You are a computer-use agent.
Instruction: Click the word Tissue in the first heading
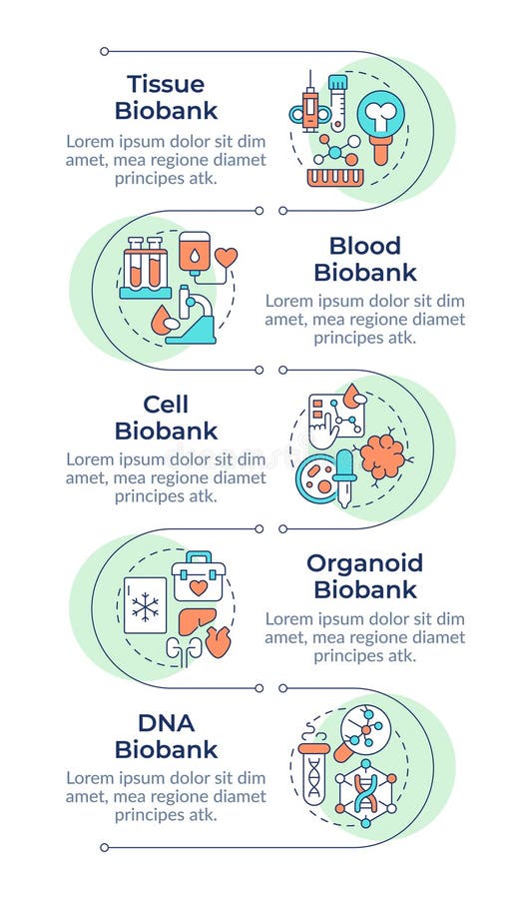[x=166, y=84]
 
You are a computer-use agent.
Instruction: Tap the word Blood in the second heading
[x=364, y=246]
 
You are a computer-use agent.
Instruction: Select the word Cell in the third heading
[x=166, y=405]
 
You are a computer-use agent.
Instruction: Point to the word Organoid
[x=364, y=563]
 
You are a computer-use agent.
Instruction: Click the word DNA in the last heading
[x=166, y=722]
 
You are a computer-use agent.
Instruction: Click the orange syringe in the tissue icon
[x=310, y=106]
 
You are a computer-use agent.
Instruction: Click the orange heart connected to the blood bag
[x=228, y=258]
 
